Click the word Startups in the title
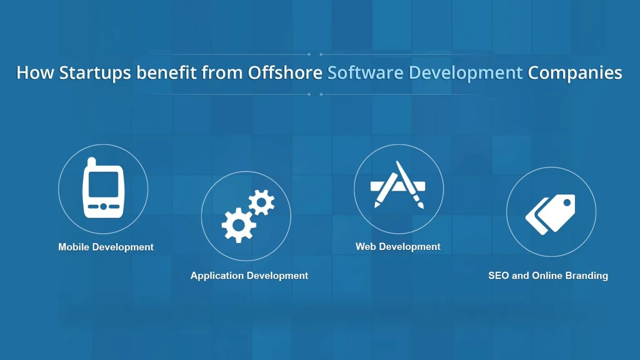[95, 73]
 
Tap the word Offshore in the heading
[285, 72]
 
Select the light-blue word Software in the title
[365, 72]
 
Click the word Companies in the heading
[575, 73]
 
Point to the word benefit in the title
[166, 72]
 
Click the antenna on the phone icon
[92, 161]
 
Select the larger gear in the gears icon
[238, 225]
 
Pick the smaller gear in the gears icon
[262, 202]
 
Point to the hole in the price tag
[567, 203]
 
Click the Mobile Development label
[106, 247]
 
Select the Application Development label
[249, 275]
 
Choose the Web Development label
[398, 247]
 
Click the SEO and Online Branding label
[548, 275]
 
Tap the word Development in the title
[465, 73]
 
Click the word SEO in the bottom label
[498, 275]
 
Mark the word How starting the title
[35, 72]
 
